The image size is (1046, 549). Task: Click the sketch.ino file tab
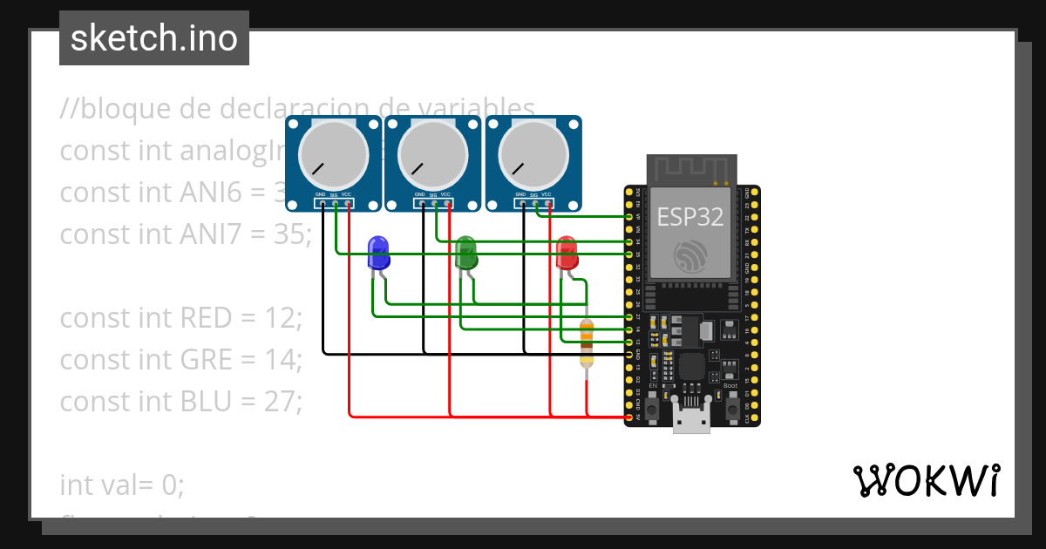coord(153,38)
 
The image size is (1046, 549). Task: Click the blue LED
coord(378,252)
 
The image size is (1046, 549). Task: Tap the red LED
coord(567,252)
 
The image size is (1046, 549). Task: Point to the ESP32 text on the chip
coord(690,217)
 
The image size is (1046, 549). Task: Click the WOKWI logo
coord(926,480)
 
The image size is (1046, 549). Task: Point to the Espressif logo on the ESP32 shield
coord(690,255)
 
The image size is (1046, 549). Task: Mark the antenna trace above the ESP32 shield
coord(690,168)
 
